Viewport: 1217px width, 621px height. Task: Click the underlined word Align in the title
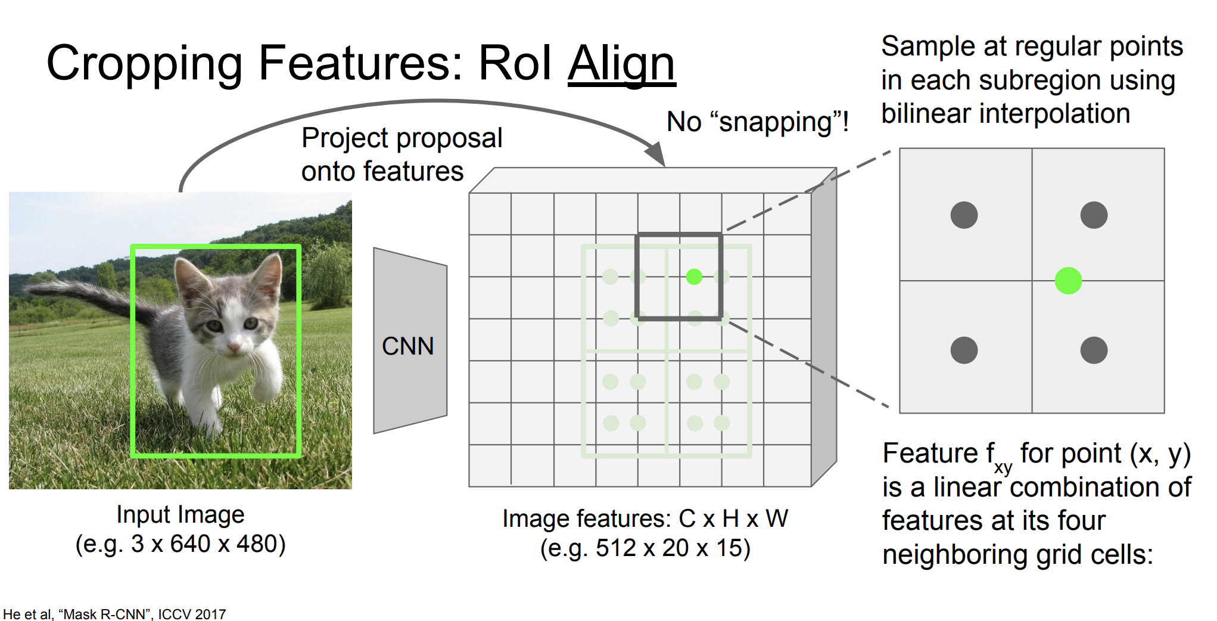click(621, 64)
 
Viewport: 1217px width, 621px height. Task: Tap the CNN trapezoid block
click(410, 341)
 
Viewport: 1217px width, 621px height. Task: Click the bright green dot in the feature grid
click(694, 277)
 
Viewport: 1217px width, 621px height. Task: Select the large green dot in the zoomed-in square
click(1068, 281)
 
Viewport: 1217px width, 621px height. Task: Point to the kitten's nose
click(234, 347)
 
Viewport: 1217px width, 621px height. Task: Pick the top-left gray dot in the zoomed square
click(964, 215)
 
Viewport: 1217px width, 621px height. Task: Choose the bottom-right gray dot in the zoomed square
click(1094, 350)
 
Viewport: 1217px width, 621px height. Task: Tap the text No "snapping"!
click(758, 122)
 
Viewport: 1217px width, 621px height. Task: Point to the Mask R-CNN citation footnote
click(114, 614)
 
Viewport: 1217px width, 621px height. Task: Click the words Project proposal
click(402, 138)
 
